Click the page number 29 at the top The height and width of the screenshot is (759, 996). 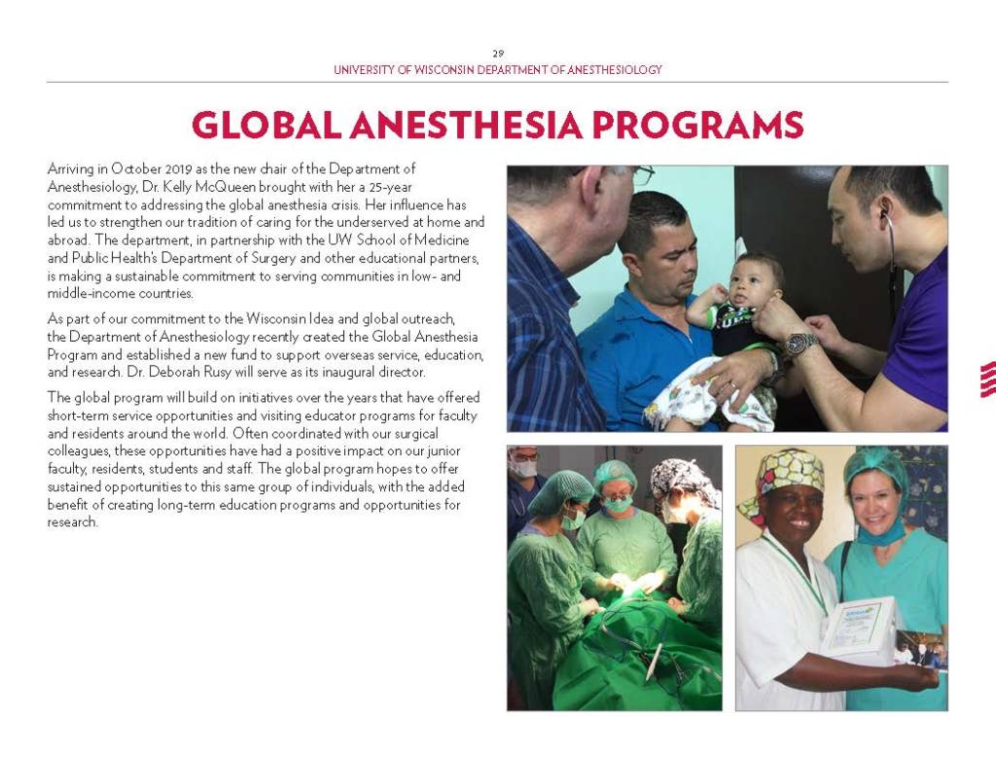[x=497, y=53]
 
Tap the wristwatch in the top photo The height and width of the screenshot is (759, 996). [x=800, y=343]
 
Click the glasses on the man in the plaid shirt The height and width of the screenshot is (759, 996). [x=640, y=175]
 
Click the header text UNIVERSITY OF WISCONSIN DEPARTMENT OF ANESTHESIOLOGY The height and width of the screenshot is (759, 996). [x=497, y=70]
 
